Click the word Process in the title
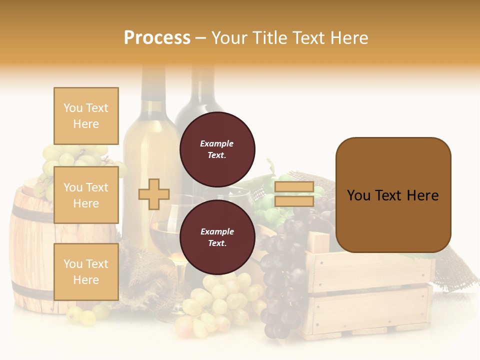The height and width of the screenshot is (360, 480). tap(157, 37)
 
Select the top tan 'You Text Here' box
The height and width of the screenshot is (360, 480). tap(86, 116)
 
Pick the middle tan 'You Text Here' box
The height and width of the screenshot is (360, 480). tap(86, 195)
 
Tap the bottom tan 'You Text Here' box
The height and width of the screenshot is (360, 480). tap(86, 271)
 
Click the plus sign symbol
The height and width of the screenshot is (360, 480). tap(154, 194)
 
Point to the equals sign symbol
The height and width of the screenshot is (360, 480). tap(294, 194)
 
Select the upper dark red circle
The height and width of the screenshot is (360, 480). tap(217, 149)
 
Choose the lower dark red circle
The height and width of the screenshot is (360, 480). tap(217, 237)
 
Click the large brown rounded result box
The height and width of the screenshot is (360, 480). tap(393, 195)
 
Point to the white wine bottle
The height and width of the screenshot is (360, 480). tap(150, 150)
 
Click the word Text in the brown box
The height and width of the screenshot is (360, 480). tap(393, 195)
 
